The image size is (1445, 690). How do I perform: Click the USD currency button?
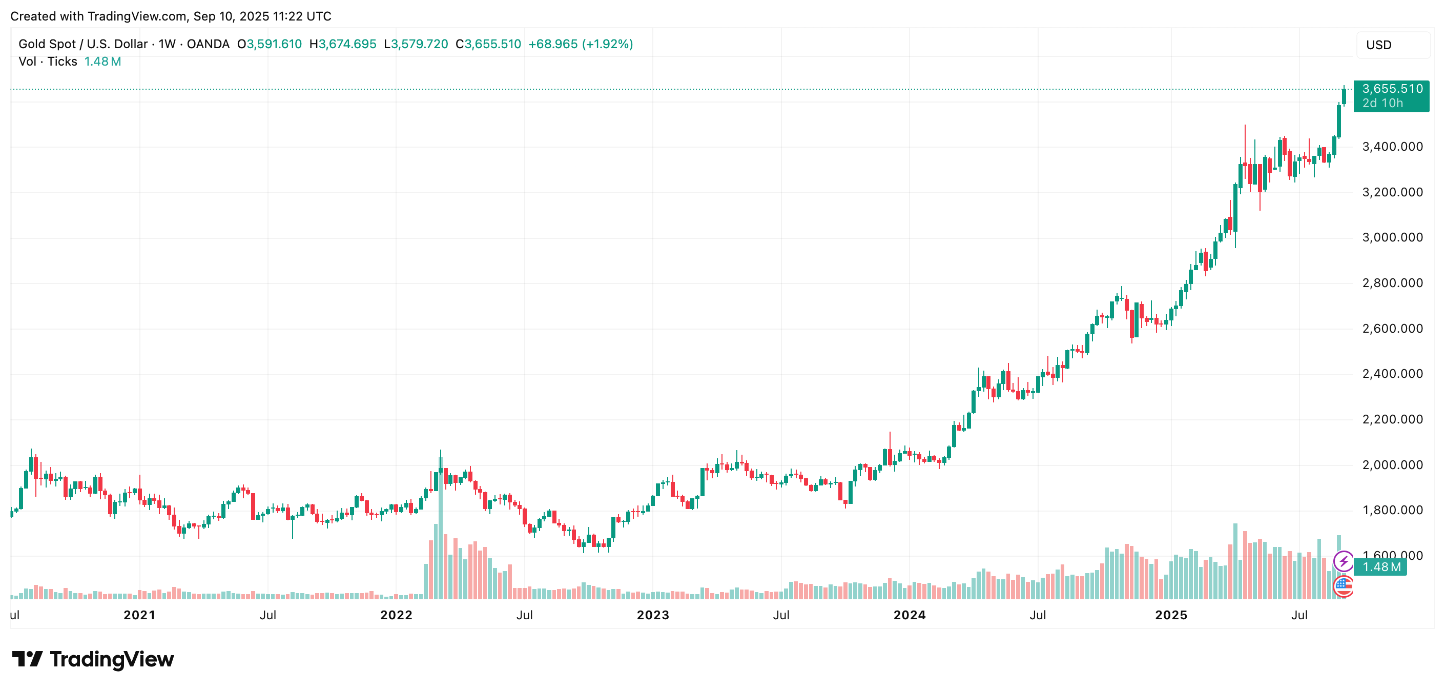pos(1392,45)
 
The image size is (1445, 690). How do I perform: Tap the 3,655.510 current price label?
pos(1392,89)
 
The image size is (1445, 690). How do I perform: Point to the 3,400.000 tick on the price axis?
pos(1392,147)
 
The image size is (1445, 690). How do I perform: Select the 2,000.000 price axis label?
pos(1392,465)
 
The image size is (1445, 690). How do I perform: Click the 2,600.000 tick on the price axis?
pos(1392,329)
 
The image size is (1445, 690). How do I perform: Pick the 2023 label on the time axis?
pos(652,615)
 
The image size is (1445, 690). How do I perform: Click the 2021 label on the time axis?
pos(139,615)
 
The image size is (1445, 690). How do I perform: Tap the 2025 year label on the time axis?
pos(1171,615)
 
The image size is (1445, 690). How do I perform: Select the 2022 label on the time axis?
pos(396,615)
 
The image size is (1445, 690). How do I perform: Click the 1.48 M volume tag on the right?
pos(1380,567)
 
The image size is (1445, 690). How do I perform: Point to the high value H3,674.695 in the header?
pos(343,44)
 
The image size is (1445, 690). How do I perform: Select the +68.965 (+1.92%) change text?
pos(581,44)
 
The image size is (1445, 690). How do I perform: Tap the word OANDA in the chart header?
pos(208,44)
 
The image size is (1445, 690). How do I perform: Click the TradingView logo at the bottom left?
pos(93,659)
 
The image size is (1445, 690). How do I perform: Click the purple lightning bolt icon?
pos(1344,561)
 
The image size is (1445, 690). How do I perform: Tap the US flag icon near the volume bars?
pos(1343,586)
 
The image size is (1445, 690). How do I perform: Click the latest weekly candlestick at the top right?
pos(1344,96)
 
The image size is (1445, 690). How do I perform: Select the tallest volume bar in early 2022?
pos(440,527)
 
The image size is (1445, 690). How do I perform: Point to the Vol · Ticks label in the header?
pos(48,62)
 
